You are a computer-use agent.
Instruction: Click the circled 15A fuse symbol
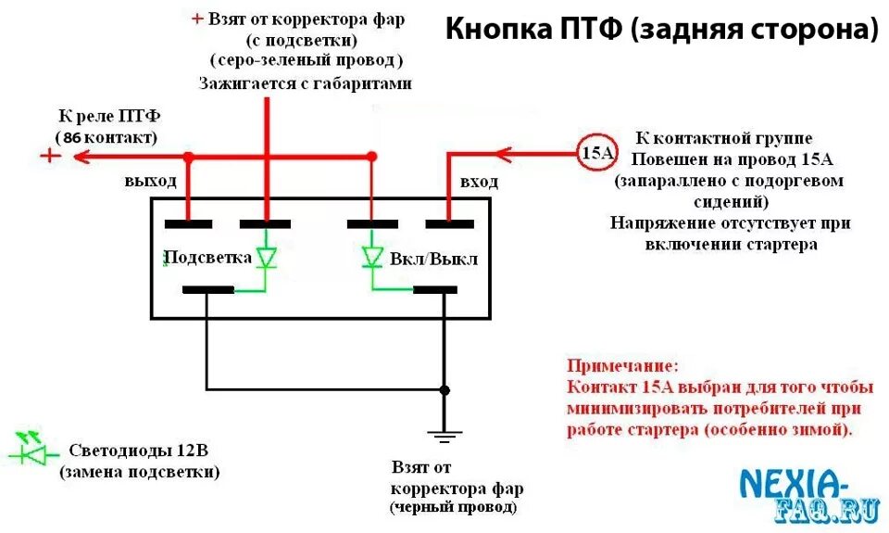click(x=595, y=152)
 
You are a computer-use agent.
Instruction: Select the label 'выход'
click(x=150, y=181)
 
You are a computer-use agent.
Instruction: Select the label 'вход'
click(x=479, y=182)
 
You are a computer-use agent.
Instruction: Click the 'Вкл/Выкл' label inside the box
click(x=434, y=259)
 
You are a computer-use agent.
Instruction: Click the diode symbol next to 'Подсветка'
click(x=267, y=257)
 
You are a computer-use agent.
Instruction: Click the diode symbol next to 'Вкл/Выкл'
click(x=372, y=257)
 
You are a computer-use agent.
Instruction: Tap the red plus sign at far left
click(x=49, y=156)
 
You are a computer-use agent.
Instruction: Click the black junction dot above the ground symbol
click(x=444, y=389)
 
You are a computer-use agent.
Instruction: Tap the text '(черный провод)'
click(x=453, y=508)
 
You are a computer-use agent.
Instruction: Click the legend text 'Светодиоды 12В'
click(x=139, y=451)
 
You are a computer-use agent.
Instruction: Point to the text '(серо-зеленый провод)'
click(x=307, y=60)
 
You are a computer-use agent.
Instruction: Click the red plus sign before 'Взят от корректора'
click(x=196, y=19)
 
